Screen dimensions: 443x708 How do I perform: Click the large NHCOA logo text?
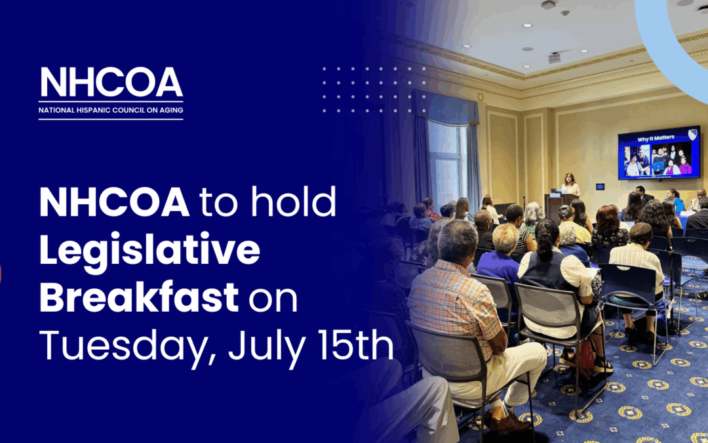(x=111, y=83)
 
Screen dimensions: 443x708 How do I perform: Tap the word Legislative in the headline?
(x=149, y=252)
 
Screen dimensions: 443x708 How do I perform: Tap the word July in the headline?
(x=260, y=347)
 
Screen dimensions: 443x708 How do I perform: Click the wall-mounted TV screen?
(x=658, y=153)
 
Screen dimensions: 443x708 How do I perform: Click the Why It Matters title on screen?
(x=645, y=138)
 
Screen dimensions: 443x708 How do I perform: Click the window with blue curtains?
(x=446, y=158)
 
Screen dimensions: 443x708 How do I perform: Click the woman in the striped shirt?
(x=637, y=259)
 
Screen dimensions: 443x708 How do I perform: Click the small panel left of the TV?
(x=600, y=186)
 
